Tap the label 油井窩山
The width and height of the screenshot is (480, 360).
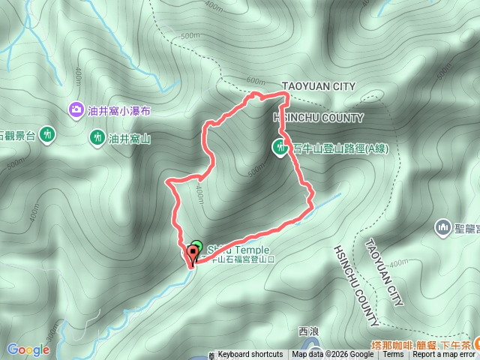pos(130,138)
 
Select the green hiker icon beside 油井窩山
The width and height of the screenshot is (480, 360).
pos(97,137)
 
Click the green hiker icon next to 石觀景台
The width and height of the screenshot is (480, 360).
pos(48,135)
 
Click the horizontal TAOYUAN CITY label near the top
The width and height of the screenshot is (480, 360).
pos(318,87)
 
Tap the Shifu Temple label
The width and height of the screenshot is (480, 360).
pos(232,250)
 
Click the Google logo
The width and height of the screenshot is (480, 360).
pos(28,349)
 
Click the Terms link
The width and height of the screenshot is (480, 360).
pos(393,355)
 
